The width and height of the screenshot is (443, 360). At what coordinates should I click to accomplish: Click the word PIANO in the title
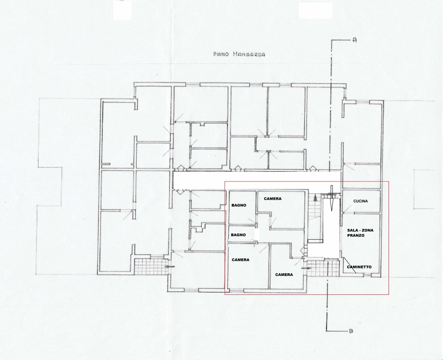click(221, 54)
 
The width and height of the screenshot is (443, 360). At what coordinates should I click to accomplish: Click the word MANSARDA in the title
click(249, 54)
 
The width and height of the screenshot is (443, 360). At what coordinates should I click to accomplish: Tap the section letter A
click(355, 40)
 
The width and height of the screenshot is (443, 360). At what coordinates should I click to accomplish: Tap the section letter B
click(351, 331)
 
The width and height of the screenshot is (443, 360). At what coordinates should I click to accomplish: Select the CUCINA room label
click(361, 201)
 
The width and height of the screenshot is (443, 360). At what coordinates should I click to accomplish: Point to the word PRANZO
click(356, 236)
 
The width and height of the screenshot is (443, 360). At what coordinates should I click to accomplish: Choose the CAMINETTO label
click(359, 267)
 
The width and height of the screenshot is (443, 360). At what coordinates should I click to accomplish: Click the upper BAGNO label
click(239, 205)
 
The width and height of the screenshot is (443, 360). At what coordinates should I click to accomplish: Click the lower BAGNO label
click(238, 235)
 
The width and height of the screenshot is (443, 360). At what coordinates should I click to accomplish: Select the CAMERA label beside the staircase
click(273, 199)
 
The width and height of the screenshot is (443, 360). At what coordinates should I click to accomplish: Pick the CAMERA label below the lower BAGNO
click(241, 260)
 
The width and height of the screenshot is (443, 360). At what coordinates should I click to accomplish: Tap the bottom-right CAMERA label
click(284, 275)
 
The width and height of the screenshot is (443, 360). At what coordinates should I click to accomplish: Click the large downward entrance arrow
click(332, 198)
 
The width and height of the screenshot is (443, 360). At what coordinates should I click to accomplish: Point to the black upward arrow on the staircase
click(316, 198)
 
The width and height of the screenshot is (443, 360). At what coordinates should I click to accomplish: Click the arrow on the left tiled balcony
click(170, 267)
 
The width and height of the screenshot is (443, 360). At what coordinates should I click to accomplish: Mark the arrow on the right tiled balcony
click(306, 268)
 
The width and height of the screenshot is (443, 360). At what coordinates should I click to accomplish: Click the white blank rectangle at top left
click(122, 10)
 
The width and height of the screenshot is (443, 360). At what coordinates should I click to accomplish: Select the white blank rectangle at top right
click(316, 10)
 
